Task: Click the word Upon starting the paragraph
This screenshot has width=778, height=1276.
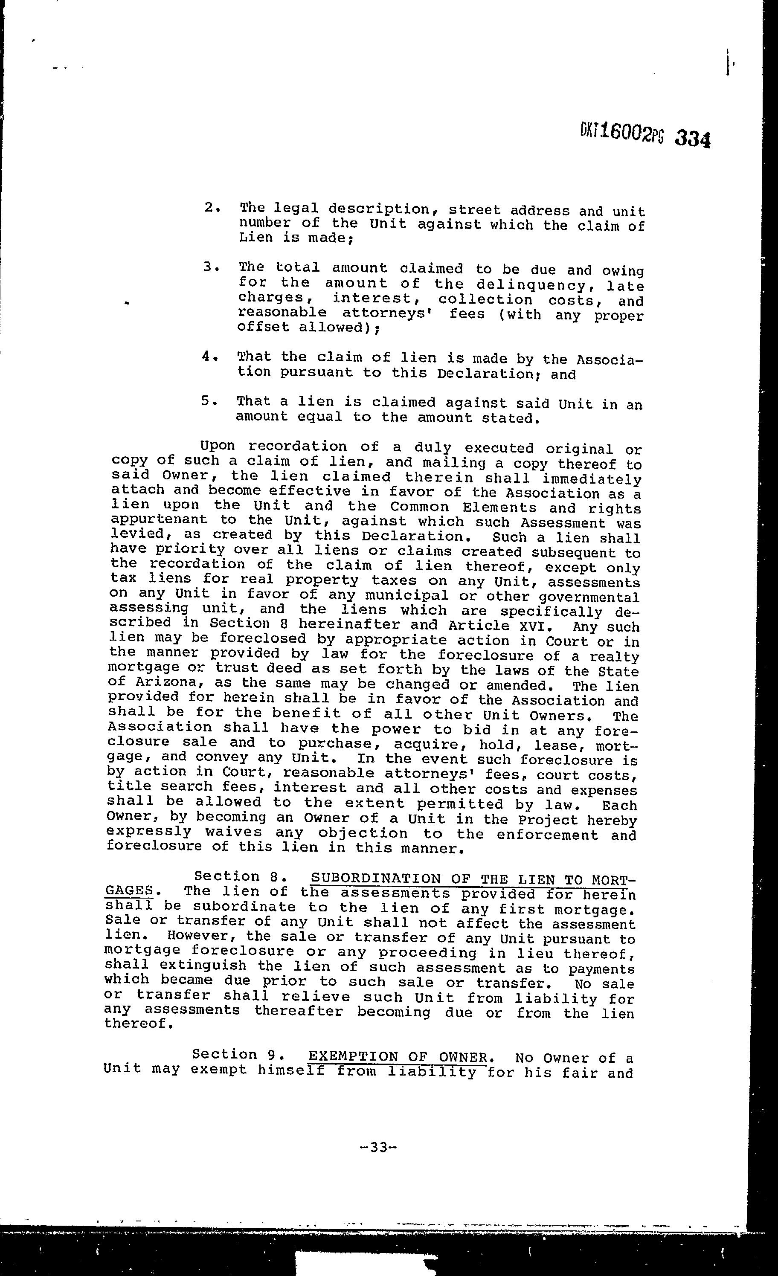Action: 217,446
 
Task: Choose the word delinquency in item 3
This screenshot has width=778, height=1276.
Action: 536,284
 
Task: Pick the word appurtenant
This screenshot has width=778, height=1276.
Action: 159,519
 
